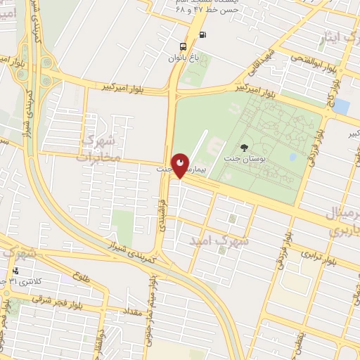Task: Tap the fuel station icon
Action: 202,34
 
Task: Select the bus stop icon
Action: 184,47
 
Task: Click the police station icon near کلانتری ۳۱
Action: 15,271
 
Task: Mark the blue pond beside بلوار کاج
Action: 342,106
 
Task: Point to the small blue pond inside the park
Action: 291,157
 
